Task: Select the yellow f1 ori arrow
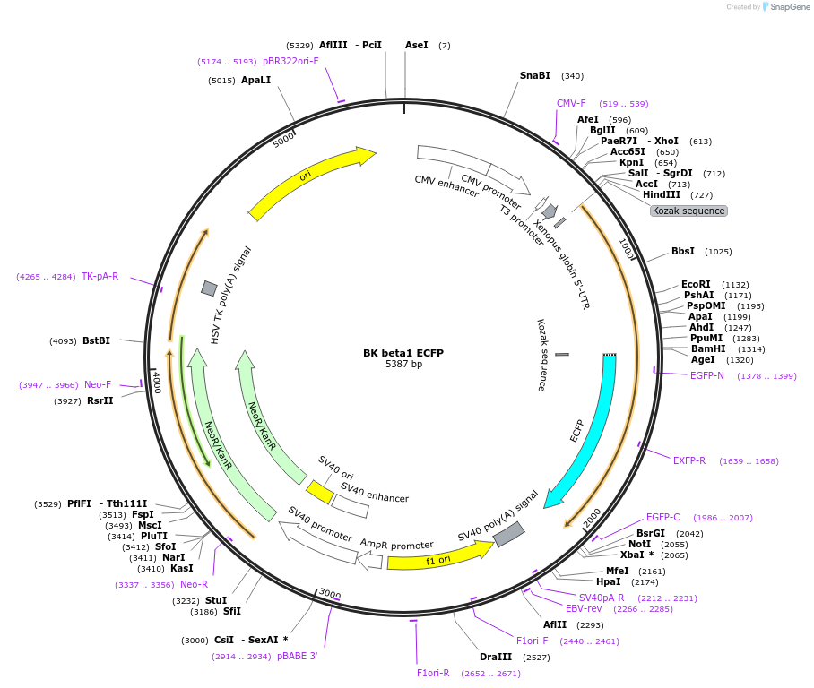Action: [439, 557]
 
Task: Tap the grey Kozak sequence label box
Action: [688, 211]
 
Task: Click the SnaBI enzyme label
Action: [535, 76]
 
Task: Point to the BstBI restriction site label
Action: [96, 340]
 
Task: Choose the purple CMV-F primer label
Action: [571, 104]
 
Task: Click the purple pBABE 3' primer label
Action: [298, 656]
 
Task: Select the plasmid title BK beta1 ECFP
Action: [403, 353]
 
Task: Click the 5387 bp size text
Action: [403, 365]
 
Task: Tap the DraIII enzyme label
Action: [496, 658]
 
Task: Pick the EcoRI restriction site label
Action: [697, 284]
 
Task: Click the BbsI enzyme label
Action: [683, 252]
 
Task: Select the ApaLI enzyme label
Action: [255, 80]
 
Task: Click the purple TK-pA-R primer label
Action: [100, 276]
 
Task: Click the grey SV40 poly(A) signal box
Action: [508, 534]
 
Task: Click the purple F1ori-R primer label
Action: [433, 673]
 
